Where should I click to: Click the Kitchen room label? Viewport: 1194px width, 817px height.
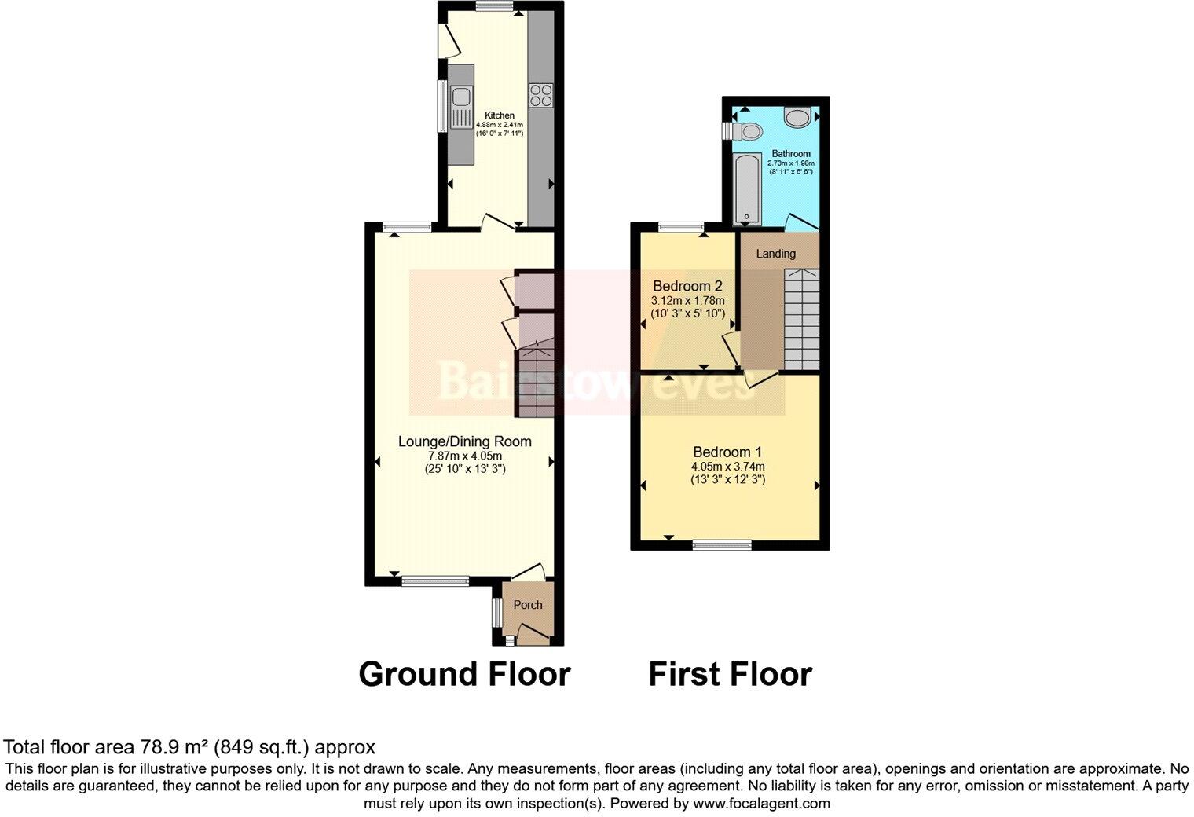click(x=500, y=115)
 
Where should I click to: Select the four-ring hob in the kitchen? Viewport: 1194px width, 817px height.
click(x=540, y=95)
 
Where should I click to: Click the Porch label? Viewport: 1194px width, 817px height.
click(x=528, y=605)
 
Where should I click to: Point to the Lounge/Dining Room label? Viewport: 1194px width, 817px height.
click(x=464, y=441)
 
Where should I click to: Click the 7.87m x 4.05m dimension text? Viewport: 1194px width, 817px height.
click(x=464, y=456)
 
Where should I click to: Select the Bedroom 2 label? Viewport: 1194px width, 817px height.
click(x=687, y=286)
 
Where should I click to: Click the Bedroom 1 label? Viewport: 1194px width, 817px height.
click(x=727, y=452)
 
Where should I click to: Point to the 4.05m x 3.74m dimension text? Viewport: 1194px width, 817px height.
click(x=727, y=466)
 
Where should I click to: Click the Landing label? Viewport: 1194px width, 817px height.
click(x=775, y=254)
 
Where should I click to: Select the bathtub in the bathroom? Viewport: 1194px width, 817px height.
click(x=743, y=188)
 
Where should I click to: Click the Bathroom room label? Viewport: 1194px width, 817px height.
click(x=790, y=153)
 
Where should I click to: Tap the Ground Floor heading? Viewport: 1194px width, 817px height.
click(x=464, y=674)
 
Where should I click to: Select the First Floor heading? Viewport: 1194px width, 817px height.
click(x=730, y=674)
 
